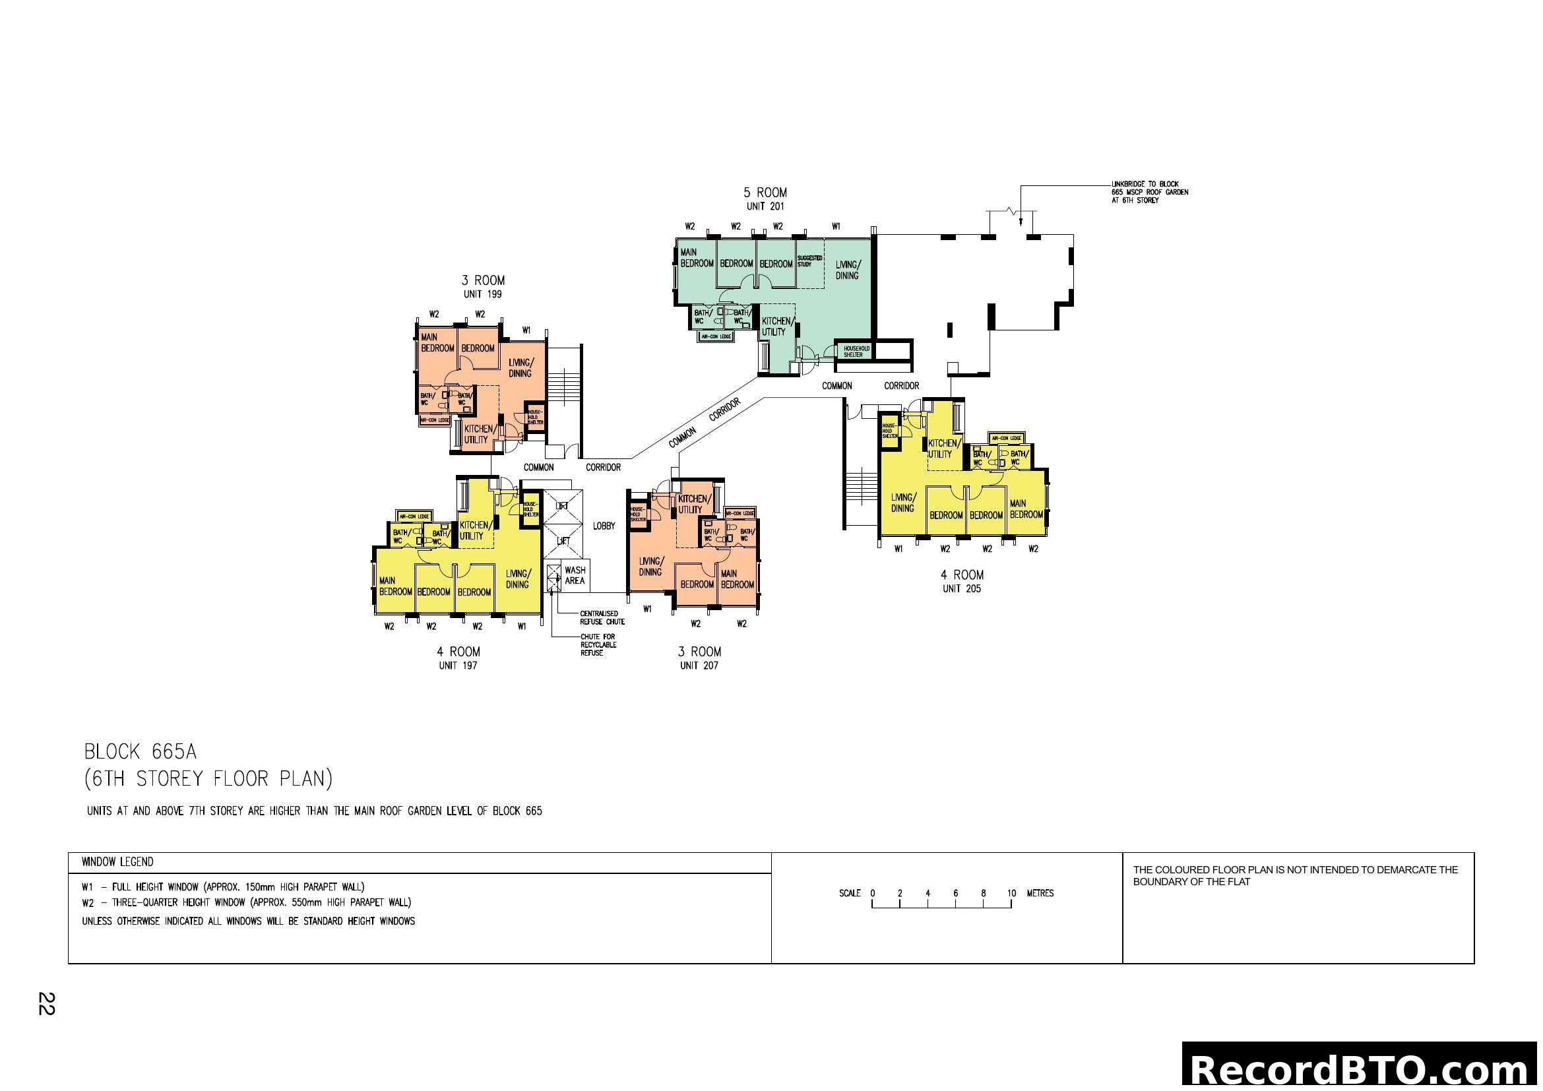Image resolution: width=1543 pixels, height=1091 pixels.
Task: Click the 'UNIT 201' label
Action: point(765,206)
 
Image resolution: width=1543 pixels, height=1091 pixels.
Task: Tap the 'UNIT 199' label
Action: point(482,294)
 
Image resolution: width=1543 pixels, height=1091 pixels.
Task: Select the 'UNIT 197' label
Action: point(458,666)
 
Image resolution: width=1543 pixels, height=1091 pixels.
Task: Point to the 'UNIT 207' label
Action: point(699,666)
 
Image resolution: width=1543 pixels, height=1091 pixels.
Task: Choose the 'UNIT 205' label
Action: point(962,589)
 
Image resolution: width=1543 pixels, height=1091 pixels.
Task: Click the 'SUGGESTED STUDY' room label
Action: point(809,261)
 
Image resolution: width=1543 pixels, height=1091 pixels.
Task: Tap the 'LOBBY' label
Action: point(604,526)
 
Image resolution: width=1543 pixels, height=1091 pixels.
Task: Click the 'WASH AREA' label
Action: point(575,576)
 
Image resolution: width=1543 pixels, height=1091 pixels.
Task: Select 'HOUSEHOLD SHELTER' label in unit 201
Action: point(856,352)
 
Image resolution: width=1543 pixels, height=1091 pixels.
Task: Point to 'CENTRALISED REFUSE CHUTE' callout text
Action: point(602,618)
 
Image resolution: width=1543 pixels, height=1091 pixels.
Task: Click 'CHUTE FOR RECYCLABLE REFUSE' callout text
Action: point(598,645)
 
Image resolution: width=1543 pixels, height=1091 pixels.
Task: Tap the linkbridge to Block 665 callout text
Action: point(1149,192)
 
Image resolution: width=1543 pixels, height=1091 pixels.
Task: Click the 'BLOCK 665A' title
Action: point(141,751)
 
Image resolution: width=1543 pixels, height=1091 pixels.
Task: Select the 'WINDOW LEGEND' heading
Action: point(117,862)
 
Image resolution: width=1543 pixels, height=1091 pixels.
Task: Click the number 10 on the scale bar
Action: point(1011,894)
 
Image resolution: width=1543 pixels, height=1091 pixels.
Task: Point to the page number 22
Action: point(46,1004)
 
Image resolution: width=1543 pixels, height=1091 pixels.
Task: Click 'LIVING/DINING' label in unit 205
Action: point(903,503)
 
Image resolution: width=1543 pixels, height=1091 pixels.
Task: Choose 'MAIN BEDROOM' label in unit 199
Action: point(437,342)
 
